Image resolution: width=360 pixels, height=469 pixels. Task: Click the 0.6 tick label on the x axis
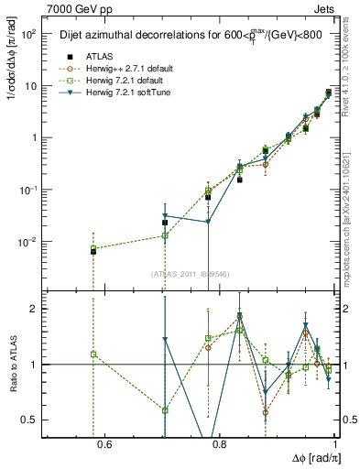104,445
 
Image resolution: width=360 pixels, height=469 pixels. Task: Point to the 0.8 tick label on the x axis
220,445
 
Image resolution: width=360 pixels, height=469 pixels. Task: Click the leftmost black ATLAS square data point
93,250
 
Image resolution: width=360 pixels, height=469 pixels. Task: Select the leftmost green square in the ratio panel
93,354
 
